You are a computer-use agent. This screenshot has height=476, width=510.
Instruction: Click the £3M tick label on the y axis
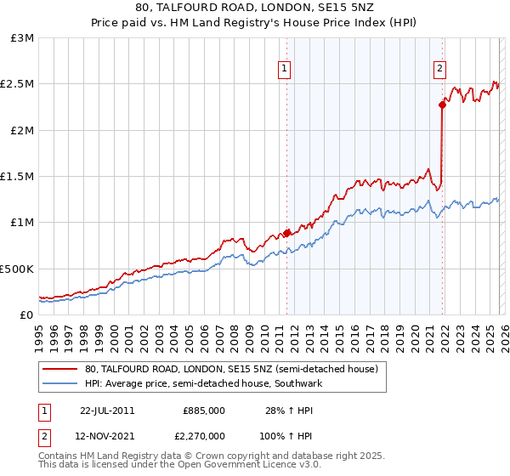point(22,38)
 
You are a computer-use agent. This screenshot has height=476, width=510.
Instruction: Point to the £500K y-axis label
point(17,269)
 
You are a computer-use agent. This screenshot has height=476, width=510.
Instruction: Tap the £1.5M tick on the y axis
point(19,177)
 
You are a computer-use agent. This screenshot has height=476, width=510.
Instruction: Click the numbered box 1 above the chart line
point(283,71)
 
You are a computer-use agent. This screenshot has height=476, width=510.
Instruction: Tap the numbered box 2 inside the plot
point(439,71)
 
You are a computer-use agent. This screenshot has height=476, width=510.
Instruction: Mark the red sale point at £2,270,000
point(442,105)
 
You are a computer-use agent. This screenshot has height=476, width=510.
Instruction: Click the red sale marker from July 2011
point(286,232)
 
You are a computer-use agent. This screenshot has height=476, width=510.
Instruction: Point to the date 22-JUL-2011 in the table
point(107,410)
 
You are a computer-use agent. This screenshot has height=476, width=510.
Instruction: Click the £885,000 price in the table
point(204,410)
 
